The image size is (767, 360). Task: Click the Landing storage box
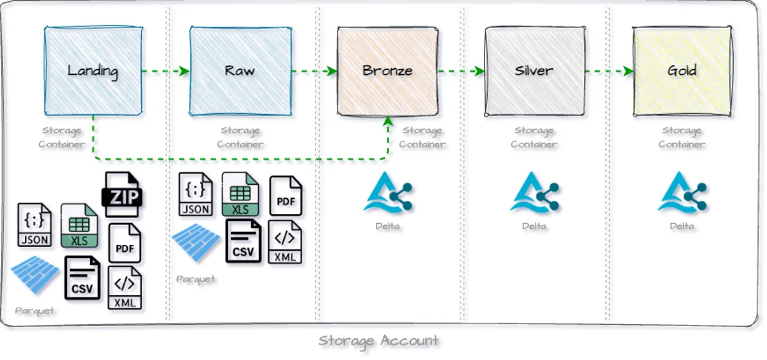(93, 70)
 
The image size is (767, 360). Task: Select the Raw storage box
(240, 70)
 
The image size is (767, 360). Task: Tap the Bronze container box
(387, 70)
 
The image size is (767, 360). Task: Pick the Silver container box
(534, 70)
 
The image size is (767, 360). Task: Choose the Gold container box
(681, 70)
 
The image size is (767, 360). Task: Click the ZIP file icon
(123, 194)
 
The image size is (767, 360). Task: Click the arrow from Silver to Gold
(608, 71)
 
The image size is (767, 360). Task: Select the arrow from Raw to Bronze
(314, 71)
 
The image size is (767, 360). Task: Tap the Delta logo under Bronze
(388, 193)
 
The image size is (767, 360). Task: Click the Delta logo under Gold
(682, 193)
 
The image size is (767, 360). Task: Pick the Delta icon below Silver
(534, 193)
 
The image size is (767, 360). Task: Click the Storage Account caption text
(378, 340)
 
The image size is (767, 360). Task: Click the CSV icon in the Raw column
(243, 241)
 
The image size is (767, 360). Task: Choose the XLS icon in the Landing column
(79, 225)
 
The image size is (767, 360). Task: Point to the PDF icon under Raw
(285, 195)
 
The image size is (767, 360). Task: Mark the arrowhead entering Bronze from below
(387, 121)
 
